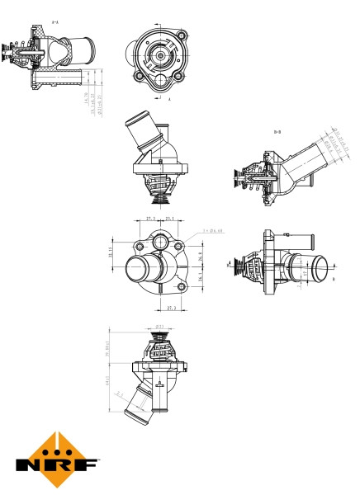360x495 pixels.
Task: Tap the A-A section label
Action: click(54, 22)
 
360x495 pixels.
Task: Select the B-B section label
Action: click(277, 131)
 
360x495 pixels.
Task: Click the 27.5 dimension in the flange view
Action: click(149, 219)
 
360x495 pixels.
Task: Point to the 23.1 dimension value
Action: click(169, 219)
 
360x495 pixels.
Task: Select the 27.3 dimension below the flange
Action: click(172, 308)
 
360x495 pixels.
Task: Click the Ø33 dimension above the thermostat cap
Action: click(159, 326)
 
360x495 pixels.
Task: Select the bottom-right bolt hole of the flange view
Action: click(178, 286)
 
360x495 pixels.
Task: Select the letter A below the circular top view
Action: click(168, 99)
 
